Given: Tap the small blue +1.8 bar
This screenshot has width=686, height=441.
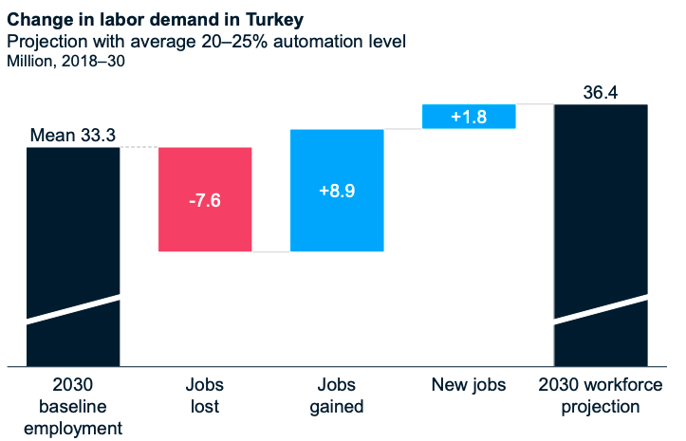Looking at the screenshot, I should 469,116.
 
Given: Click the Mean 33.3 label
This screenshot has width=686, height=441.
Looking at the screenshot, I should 73,136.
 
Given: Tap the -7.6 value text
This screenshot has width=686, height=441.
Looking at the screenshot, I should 205,200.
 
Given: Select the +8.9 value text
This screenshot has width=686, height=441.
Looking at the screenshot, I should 337,191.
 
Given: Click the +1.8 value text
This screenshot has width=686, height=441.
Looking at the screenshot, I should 469,117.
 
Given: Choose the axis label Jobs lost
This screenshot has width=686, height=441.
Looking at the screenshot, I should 205,396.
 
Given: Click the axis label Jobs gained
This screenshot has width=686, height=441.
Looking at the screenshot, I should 337,396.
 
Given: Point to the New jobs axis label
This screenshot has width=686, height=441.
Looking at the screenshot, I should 469,385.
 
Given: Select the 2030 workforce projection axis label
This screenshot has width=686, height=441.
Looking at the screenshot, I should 601,396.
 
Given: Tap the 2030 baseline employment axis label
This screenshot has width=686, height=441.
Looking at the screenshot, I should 73,407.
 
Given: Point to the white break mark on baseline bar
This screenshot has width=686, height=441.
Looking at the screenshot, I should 73,310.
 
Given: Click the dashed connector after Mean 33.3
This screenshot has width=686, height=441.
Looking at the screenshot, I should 139,147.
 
